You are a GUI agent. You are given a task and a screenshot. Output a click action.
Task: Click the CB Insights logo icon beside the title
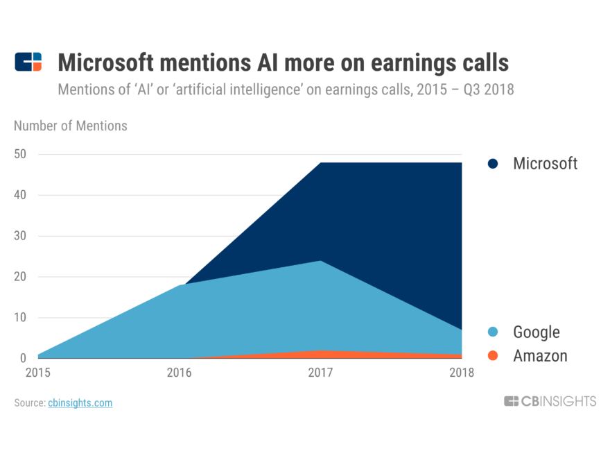coord(28,62)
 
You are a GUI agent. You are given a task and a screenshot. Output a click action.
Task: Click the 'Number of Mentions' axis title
coord(71,126)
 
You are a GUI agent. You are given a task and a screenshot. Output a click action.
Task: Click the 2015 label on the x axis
coord(39,373)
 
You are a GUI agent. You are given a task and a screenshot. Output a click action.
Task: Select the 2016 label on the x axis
coord(180,373)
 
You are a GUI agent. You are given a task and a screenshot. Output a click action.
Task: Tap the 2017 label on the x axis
coord(320,373)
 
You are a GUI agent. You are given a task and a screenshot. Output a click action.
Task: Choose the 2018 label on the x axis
coord(461,373)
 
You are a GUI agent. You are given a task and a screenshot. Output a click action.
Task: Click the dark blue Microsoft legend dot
coord(493,164)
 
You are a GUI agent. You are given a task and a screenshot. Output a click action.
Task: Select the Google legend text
coord(536,332)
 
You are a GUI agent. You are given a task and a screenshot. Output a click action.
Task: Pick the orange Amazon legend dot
coord(493,356)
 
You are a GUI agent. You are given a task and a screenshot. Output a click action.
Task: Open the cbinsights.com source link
coord(80,402)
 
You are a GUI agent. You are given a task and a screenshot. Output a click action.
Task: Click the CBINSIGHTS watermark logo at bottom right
coord(550,401)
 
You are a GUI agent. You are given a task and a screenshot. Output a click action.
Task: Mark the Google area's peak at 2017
coord(320,261)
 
